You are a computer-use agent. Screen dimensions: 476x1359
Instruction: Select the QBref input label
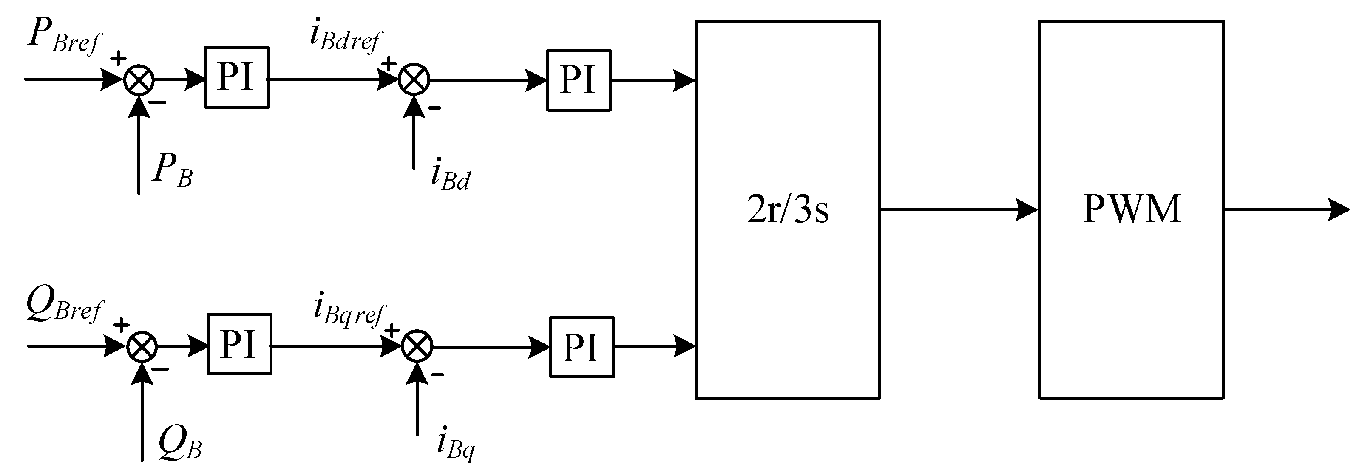(64, 307)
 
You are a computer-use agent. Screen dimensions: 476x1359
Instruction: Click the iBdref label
(345, 36)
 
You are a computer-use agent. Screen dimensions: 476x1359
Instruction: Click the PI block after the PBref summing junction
(236, 78)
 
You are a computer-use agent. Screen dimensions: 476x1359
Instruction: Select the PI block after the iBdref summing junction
(578, 80)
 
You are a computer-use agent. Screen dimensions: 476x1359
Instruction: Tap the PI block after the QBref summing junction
(239, 345)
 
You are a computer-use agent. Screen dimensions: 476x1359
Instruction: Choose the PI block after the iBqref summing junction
(582, 347)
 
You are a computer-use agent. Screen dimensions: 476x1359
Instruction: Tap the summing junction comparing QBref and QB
(142, 347)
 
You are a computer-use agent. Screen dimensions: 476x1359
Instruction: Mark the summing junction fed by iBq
(417, 347)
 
